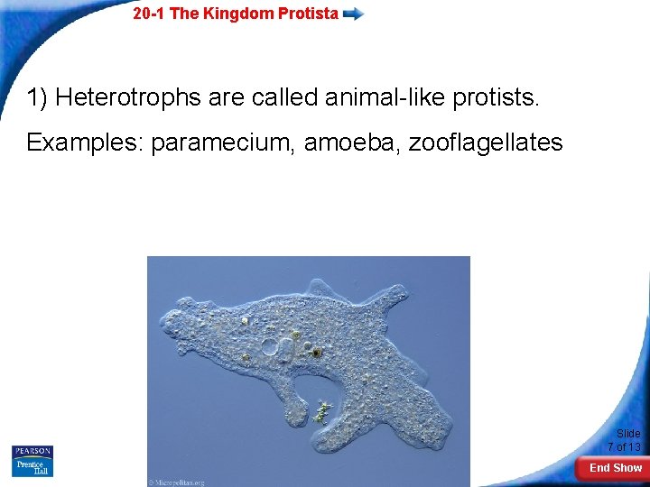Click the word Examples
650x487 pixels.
click(x=85, y=142)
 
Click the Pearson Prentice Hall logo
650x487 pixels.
click(x=32, y=461)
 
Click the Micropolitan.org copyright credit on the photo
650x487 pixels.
click(x=179, y=481)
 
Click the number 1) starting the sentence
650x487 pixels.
click(x=37, y=97)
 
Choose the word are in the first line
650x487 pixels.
click(x=233, y=97)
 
